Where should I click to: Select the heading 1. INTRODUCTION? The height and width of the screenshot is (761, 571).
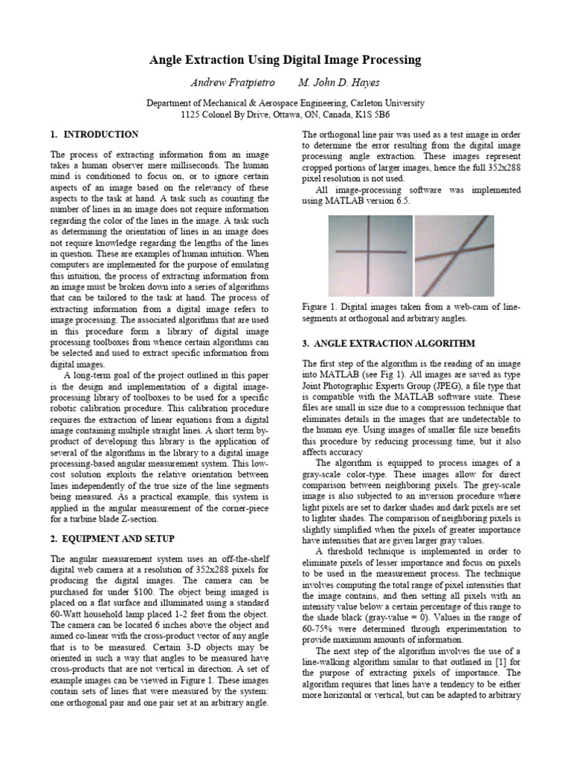94,135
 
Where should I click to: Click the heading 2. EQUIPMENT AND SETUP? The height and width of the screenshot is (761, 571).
113,538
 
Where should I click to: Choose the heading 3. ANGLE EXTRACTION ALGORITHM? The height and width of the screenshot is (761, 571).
388,343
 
